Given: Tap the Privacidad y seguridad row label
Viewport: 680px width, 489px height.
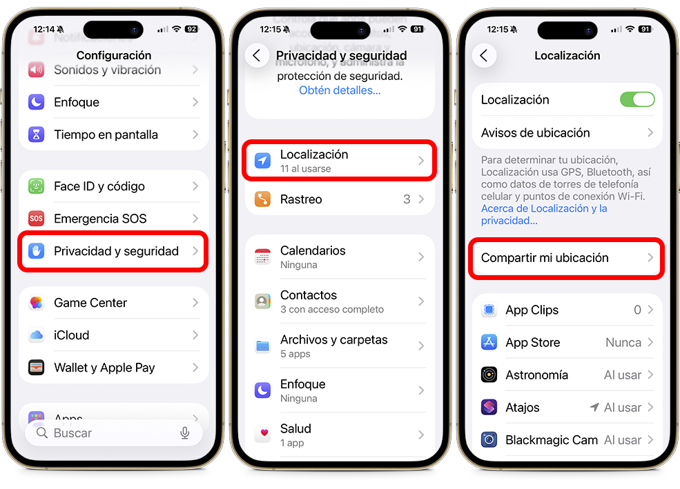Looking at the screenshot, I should [116, 251].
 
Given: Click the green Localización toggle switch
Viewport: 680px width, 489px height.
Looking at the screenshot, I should [637, 99].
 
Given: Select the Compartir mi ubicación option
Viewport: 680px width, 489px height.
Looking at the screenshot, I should [545, 258].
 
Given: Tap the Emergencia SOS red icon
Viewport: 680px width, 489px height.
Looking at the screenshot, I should [37, 219].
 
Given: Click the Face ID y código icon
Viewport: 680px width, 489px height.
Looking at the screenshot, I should [37, 186].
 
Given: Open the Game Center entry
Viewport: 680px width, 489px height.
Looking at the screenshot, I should [90, 303].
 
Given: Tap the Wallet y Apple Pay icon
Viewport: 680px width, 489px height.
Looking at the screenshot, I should [37, 368].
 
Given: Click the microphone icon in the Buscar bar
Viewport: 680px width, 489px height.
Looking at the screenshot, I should [184, 433].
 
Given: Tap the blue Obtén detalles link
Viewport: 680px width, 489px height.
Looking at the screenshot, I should [340, 90].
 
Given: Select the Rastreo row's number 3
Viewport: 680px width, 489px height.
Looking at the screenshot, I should [407, 199].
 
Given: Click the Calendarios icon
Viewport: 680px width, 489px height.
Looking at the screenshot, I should [262, 257].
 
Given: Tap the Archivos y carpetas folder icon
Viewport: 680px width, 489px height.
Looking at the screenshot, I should [262, 346].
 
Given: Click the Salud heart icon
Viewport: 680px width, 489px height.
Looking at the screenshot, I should [262, 435].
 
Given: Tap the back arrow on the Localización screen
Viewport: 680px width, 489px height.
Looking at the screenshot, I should [484, 56].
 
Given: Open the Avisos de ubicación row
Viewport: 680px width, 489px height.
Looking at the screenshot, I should [536, 132].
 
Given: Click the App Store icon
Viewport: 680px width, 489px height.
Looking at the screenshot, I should [489, 343].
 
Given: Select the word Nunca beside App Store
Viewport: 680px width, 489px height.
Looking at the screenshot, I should [623, 343].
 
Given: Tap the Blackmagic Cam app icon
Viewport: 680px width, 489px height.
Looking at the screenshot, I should [489, 440].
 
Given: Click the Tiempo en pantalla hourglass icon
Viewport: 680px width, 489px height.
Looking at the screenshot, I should [37, 134].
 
